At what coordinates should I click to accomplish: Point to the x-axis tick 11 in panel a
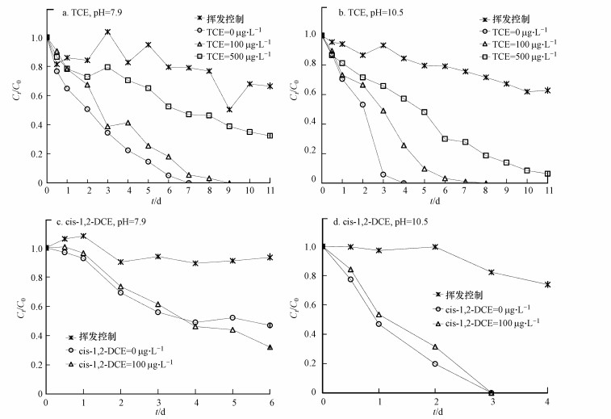coord(270,191)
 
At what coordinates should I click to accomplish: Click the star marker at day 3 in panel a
coord(107,32)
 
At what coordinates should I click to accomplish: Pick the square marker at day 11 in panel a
coord(270,136)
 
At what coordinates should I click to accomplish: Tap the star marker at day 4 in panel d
coord(548,284)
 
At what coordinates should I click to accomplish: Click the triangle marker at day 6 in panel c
coord(270,347)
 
